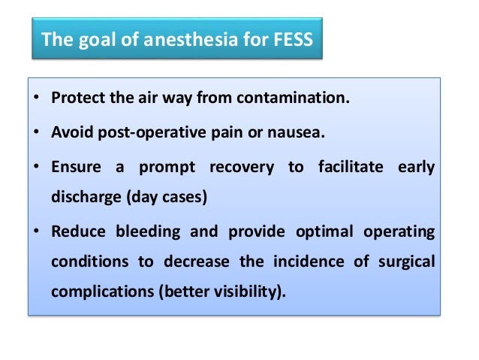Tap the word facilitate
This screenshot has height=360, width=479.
(346, 166)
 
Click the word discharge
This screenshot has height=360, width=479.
(82, 200)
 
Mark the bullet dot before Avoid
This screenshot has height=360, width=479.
(38, 133)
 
